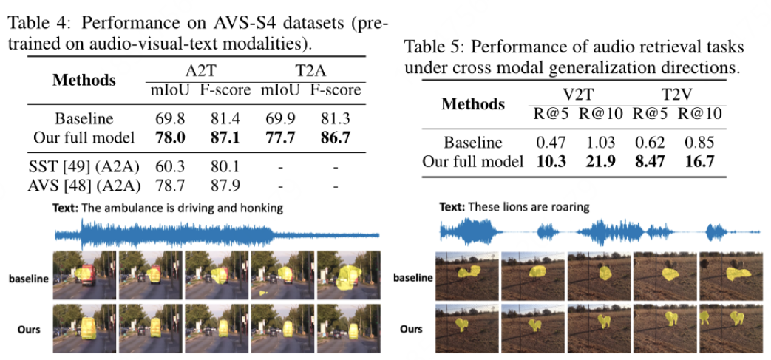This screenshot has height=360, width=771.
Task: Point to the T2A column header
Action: click(308, 72)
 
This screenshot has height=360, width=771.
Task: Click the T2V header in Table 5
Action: click(679, 96)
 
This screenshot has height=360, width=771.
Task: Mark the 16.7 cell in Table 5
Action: click(699, 160)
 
